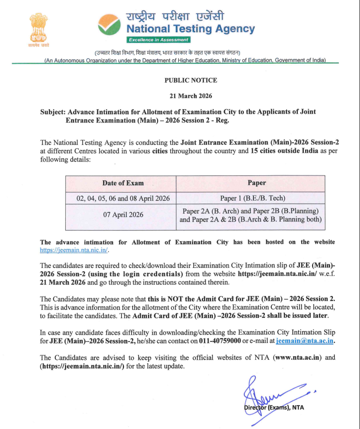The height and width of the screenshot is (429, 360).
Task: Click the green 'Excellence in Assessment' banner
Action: (x=158, y=40)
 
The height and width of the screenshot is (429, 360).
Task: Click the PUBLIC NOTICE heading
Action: (x=191, y=80)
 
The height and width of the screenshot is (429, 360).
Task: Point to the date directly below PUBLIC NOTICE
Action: (x=191, y=96)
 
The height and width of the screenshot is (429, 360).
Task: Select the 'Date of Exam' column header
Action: (x=123, y=183)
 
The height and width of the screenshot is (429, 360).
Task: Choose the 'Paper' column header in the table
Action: (x=257, y=183)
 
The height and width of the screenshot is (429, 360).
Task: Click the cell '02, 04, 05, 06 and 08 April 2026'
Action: (x=123, y=198)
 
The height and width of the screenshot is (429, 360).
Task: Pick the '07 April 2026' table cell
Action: (x=123, y=214)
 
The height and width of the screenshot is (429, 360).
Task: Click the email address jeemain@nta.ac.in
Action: (x=305, y=341)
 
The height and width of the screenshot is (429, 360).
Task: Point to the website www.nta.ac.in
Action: (x=294, y=357)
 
